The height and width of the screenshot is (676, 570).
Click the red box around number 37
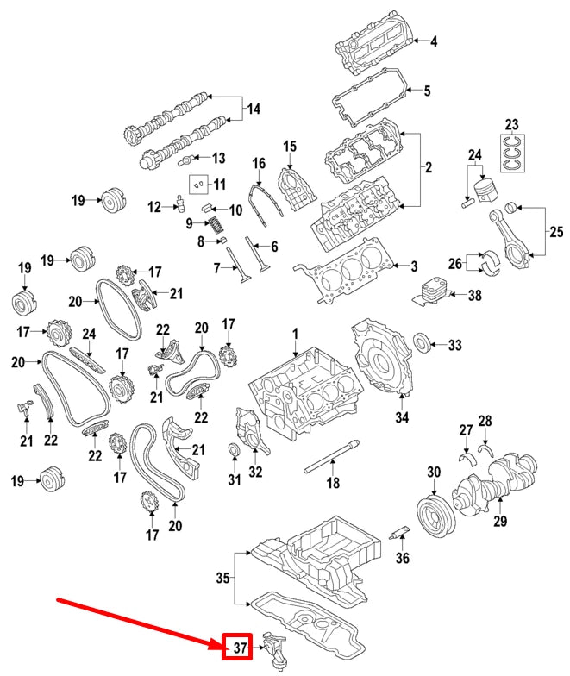[241, 646]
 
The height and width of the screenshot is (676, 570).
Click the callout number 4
[434, 41]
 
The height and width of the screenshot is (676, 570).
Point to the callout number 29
[500, 521]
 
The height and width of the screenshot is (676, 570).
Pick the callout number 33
[455, 346]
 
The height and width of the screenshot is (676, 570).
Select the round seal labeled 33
[424, 341]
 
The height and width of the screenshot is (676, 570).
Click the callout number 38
[474, 295]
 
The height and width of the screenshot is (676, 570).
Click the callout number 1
[293, 333]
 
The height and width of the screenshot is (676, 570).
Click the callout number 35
[222, 579]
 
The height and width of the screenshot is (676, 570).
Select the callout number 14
[253, 110]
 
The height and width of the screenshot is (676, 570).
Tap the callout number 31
[233, 479]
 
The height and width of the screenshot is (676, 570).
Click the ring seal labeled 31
[233, 451]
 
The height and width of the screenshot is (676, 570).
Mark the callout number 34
[402, 420]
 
